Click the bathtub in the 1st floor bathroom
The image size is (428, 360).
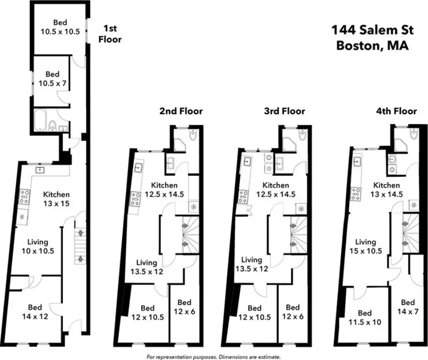coord(40,120)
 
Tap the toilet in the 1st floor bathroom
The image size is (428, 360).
coord(52,126)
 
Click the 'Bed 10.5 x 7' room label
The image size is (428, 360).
coord(53,79)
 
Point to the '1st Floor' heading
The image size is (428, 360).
coord(110,34)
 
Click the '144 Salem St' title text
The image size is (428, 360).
coord(373,30)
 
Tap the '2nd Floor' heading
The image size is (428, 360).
coord(181,111)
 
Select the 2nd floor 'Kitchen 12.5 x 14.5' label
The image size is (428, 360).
coord(164,189)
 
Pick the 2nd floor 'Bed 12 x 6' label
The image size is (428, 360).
coord(184,307)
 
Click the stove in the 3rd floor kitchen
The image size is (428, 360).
coord(244,196)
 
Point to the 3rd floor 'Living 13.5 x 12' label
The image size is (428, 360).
coord(252,264)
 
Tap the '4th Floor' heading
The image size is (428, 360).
coord(397,111)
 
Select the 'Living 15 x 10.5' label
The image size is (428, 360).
coord(366,246)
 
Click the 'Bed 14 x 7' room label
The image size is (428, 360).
coord(408,307)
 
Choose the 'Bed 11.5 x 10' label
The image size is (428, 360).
coord(365,317)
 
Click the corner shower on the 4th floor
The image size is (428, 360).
coord(401,144)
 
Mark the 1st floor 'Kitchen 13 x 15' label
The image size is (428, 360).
coord(56,199)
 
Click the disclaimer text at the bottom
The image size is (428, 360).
coord(214,357)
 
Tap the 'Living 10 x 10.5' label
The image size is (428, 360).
coord(38,246)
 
